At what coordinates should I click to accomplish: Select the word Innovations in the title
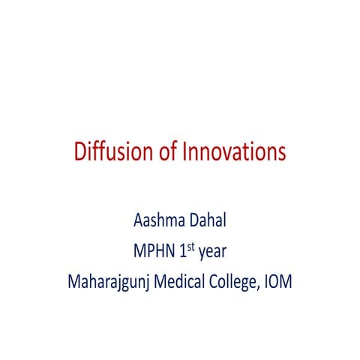(234, 152)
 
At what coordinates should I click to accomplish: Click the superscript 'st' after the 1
(191, 248)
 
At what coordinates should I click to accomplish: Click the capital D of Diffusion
(80, 152)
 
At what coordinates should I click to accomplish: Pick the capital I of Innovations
(184, 152)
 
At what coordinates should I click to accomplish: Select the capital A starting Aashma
(137, 223)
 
